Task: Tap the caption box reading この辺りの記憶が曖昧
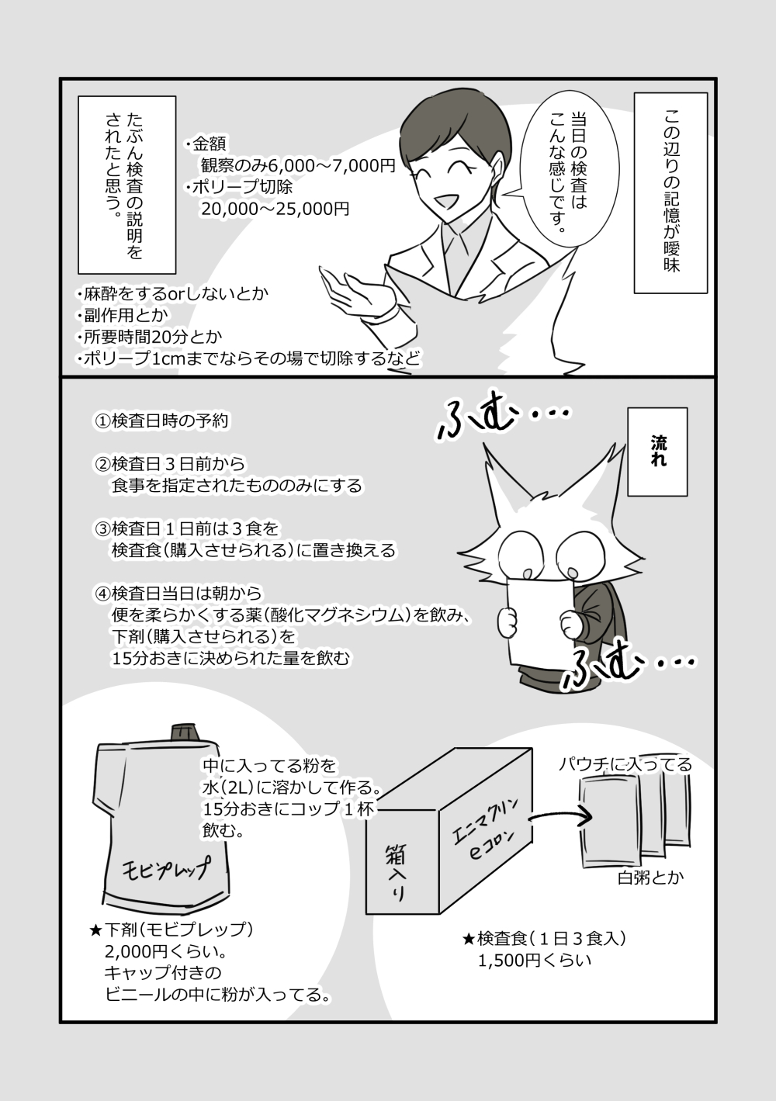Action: [x=670, y=192]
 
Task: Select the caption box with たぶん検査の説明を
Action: [x=126, y=185]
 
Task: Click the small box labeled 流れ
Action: [x=657, y=452]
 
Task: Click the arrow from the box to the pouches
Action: [x=559, y=819]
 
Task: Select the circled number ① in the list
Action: [x=102, y=421]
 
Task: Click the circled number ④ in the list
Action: [x=102, y=594]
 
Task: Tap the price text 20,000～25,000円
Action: [x=275, y=209]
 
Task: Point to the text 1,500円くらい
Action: [x=534, y=961]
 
